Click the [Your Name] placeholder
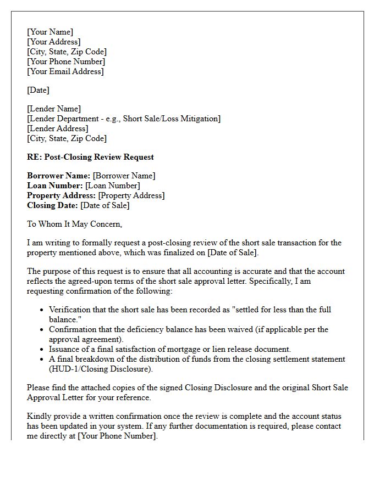coord(50,32)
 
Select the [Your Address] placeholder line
coord(54,42)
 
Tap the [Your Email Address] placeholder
coord(65,71)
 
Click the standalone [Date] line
coord(38,90)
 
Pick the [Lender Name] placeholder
coord(54,109)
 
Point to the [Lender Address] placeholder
coord(58,128)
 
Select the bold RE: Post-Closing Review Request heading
coord(90,157)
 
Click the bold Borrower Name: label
coord(58,176)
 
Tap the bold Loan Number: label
coord(55,186)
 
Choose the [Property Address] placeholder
coord(131,195)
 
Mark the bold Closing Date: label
coord(52,205)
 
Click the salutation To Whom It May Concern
coord(75,224)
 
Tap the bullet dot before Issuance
coord(42,350)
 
